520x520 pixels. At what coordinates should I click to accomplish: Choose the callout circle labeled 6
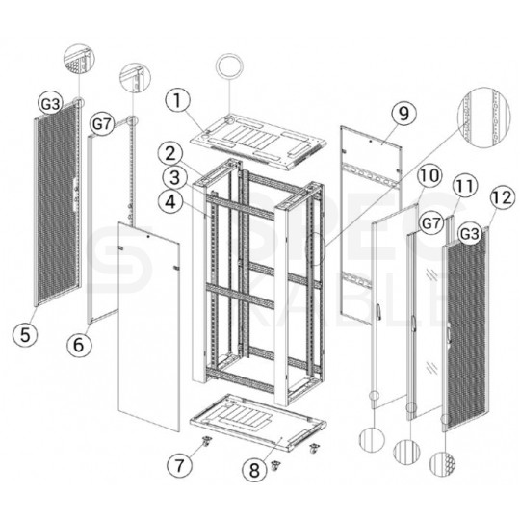click(79, 342)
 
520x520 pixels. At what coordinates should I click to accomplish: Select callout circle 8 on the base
click(254, 471)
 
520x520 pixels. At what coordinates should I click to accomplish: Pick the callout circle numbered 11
click(463, 185)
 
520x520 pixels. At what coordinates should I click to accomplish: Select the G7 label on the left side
click(103, 124)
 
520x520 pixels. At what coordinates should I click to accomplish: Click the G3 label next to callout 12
click(470, 232)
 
